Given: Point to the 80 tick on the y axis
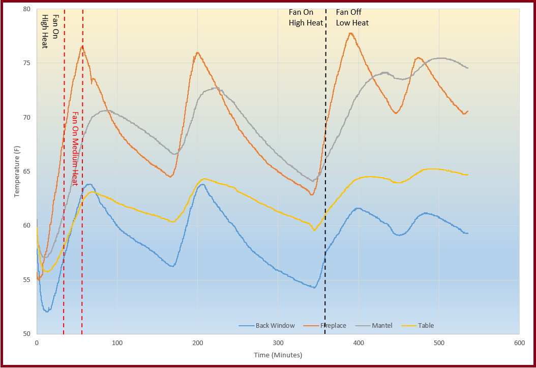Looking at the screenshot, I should [26, 9].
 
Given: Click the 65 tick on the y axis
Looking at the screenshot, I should [26, 172].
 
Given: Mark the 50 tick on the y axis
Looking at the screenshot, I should [26, 334].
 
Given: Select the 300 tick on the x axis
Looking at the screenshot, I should [278, 343].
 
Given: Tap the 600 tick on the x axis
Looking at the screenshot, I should [519, 343].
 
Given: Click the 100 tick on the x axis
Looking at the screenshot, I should [117, 343].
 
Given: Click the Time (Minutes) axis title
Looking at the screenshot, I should [278, 355].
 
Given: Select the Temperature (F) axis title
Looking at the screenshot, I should [17, 172].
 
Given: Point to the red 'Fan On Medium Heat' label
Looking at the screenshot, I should [75, 149].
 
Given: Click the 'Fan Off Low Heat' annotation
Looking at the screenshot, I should [352, 17].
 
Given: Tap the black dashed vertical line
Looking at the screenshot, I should [325, 204].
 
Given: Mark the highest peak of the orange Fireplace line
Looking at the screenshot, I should [350, 33].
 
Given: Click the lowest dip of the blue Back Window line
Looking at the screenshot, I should [47, 312].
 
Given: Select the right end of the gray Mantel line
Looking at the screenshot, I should [467, 68].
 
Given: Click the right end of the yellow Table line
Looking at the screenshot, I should [467, 175].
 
